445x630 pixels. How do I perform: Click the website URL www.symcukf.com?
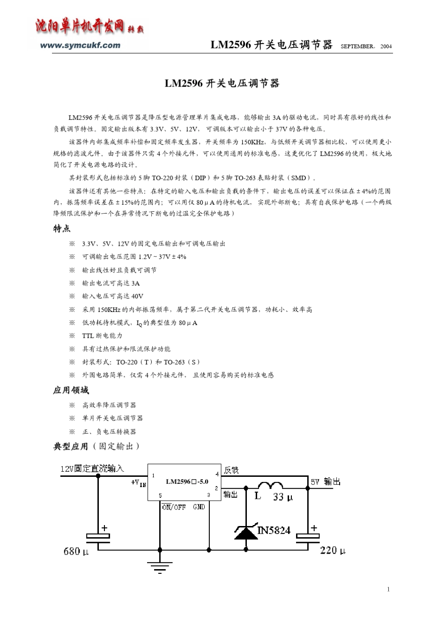pyautogui.click(x=80, y=45)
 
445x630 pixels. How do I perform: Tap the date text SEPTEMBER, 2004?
pyautogui.click(x=366, y=46)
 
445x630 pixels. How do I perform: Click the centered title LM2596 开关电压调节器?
pyautogui.click(x=222, y=83)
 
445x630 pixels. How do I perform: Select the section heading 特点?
pyautogui.click(x=62, y=229)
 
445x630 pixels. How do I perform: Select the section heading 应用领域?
pyautogui.click(x=71, y=390)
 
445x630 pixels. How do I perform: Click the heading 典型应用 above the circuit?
pyautogui.click(x=71, y=446)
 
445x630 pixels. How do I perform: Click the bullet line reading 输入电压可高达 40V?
pyautogui.click(x=112, y=296)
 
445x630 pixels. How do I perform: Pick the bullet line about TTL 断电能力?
pyautogui.click(x=102, y=335)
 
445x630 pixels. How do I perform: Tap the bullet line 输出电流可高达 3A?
pyautogui.click(x=111, y=283)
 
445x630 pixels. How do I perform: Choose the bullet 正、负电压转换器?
pyautogui.click(x=109, y=431)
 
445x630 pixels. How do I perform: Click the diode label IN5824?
pyautogui.click(x=274, y=530)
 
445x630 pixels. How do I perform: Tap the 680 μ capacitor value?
pyautogui.click(x=76, y=551)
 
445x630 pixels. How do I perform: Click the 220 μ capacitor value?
pyautogui.click(x=333, y=550)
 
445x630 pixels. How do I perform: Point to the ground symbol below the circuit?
pyautogui.click(x=160, y=567)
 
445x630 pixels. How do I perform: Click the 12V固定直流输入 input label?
pyautogui.click(x=92, y=468)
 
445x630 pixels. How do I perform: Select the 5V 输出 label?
pyautogui.click(x=325, y=482)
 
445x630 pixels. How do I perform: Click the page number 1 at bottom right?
pyautogui.click(x=388, y=589)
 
